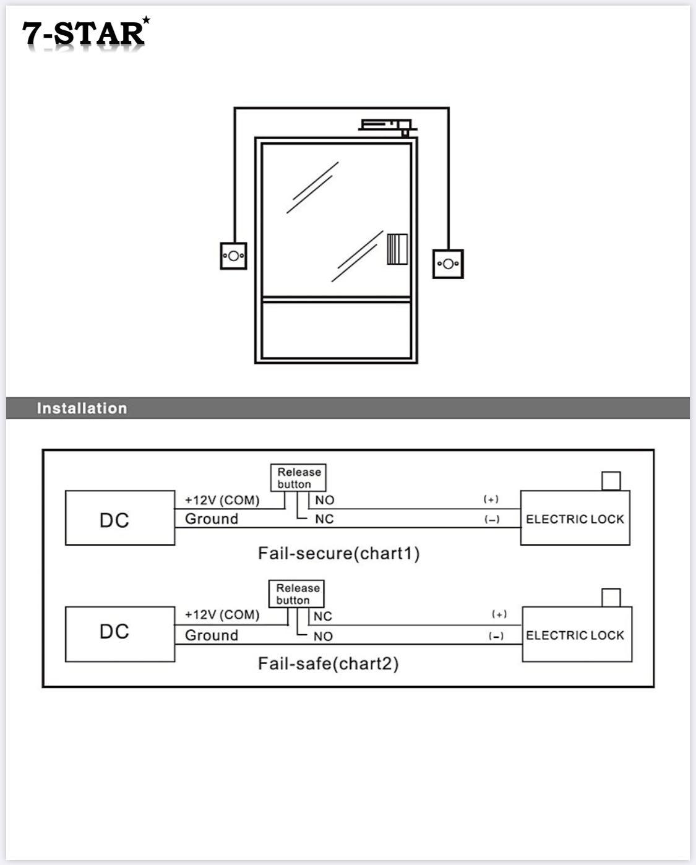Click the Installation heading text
point(82,408)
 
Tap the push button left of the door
point(233,256)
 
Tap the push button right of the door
point(448,264)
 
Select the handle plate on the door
point(397,249)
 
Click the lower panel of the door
point(336,330)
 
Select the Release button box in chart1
point(298,478)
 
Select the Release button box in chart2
point(296,594)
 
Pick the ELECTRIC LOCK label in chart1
point(575,519)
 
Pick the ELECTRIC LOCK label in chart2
point(575,635)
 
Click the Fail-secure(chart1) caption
point(338,553)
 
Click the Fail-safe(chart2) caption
point(328,664)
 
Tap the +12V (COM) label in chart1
point(222,500)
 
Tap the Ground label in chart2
point(212,635)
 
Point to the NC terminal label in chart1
point(324,519)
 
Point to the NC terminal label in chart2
point(323,616)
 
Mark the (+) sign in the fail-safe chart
point(499,614)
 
